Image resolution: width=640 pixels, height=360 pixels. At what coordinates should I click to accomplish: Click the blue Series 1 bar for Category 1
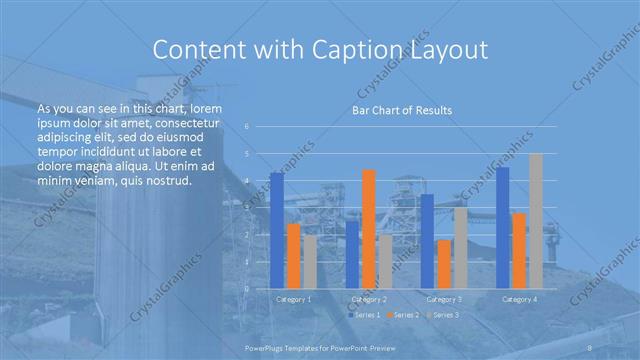pyautogui.click(x=277, y=230)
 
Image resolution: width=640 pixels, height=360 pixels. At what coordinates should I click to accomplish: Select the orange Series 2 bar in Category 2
pyautogui.click(x=368, y=229)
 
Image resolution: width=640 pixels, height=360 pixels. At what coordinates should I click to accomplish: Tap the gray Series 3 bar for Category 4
pyautogui.click(x=536, y=221)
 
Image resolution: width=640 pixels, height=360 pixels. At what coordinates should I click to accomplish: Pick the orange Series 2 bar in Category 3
pyautogui.click(x=444, y=264)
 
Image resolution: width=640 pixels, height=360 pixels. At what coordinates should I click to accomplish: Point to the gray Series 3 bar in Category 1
pyautogui.click(x=310, y=262)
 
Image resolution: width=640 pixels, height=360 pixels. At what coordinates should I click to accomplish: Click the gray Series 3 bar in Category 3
pyautogui.click(x=460, y=248)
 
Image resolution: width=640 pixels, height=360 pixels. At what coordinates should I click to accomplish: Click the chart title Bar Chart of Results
pyautogui.click(x=401, y=110)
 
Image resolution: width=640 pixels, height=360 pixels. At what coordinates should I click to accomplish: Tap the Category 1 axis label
pyautogui.click(x=293, y=299)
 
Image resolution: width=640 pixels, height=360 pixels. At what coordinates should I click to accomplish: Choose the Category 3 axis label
pyautogui.click(x=444, y=299)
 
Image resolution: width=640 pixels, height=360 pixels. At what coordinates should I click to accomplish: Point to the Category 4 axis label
pyautogui.click(x=519, y=299)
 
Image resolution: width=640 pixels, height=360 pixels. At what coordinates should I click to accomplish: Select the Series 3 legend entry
pyautogui.click(x=443, y=315)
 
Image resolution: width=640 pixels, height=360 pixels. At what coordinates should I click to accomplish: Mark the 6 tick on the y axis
pyautogui.click(x=247, y=126)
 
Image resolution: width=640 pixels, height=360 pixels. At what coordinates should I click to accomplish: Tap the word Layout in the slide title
pyautogui.click(x=449, y=50)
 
